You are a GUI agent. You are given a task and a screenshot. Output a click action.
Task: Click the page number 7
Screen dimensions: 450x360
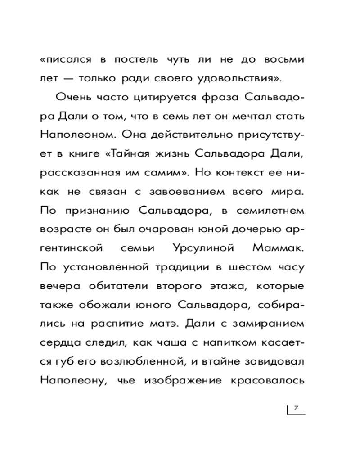296,408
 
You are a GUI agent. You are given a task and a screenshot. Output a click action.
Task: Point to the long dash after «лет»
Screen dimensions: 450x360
67,78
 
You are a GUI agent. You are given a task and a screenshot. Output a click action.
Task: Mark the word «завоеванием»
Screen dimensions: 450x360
164,192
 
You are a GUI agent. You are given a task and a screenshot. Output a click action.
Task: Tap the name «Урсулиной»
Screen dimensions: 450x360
197,248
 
